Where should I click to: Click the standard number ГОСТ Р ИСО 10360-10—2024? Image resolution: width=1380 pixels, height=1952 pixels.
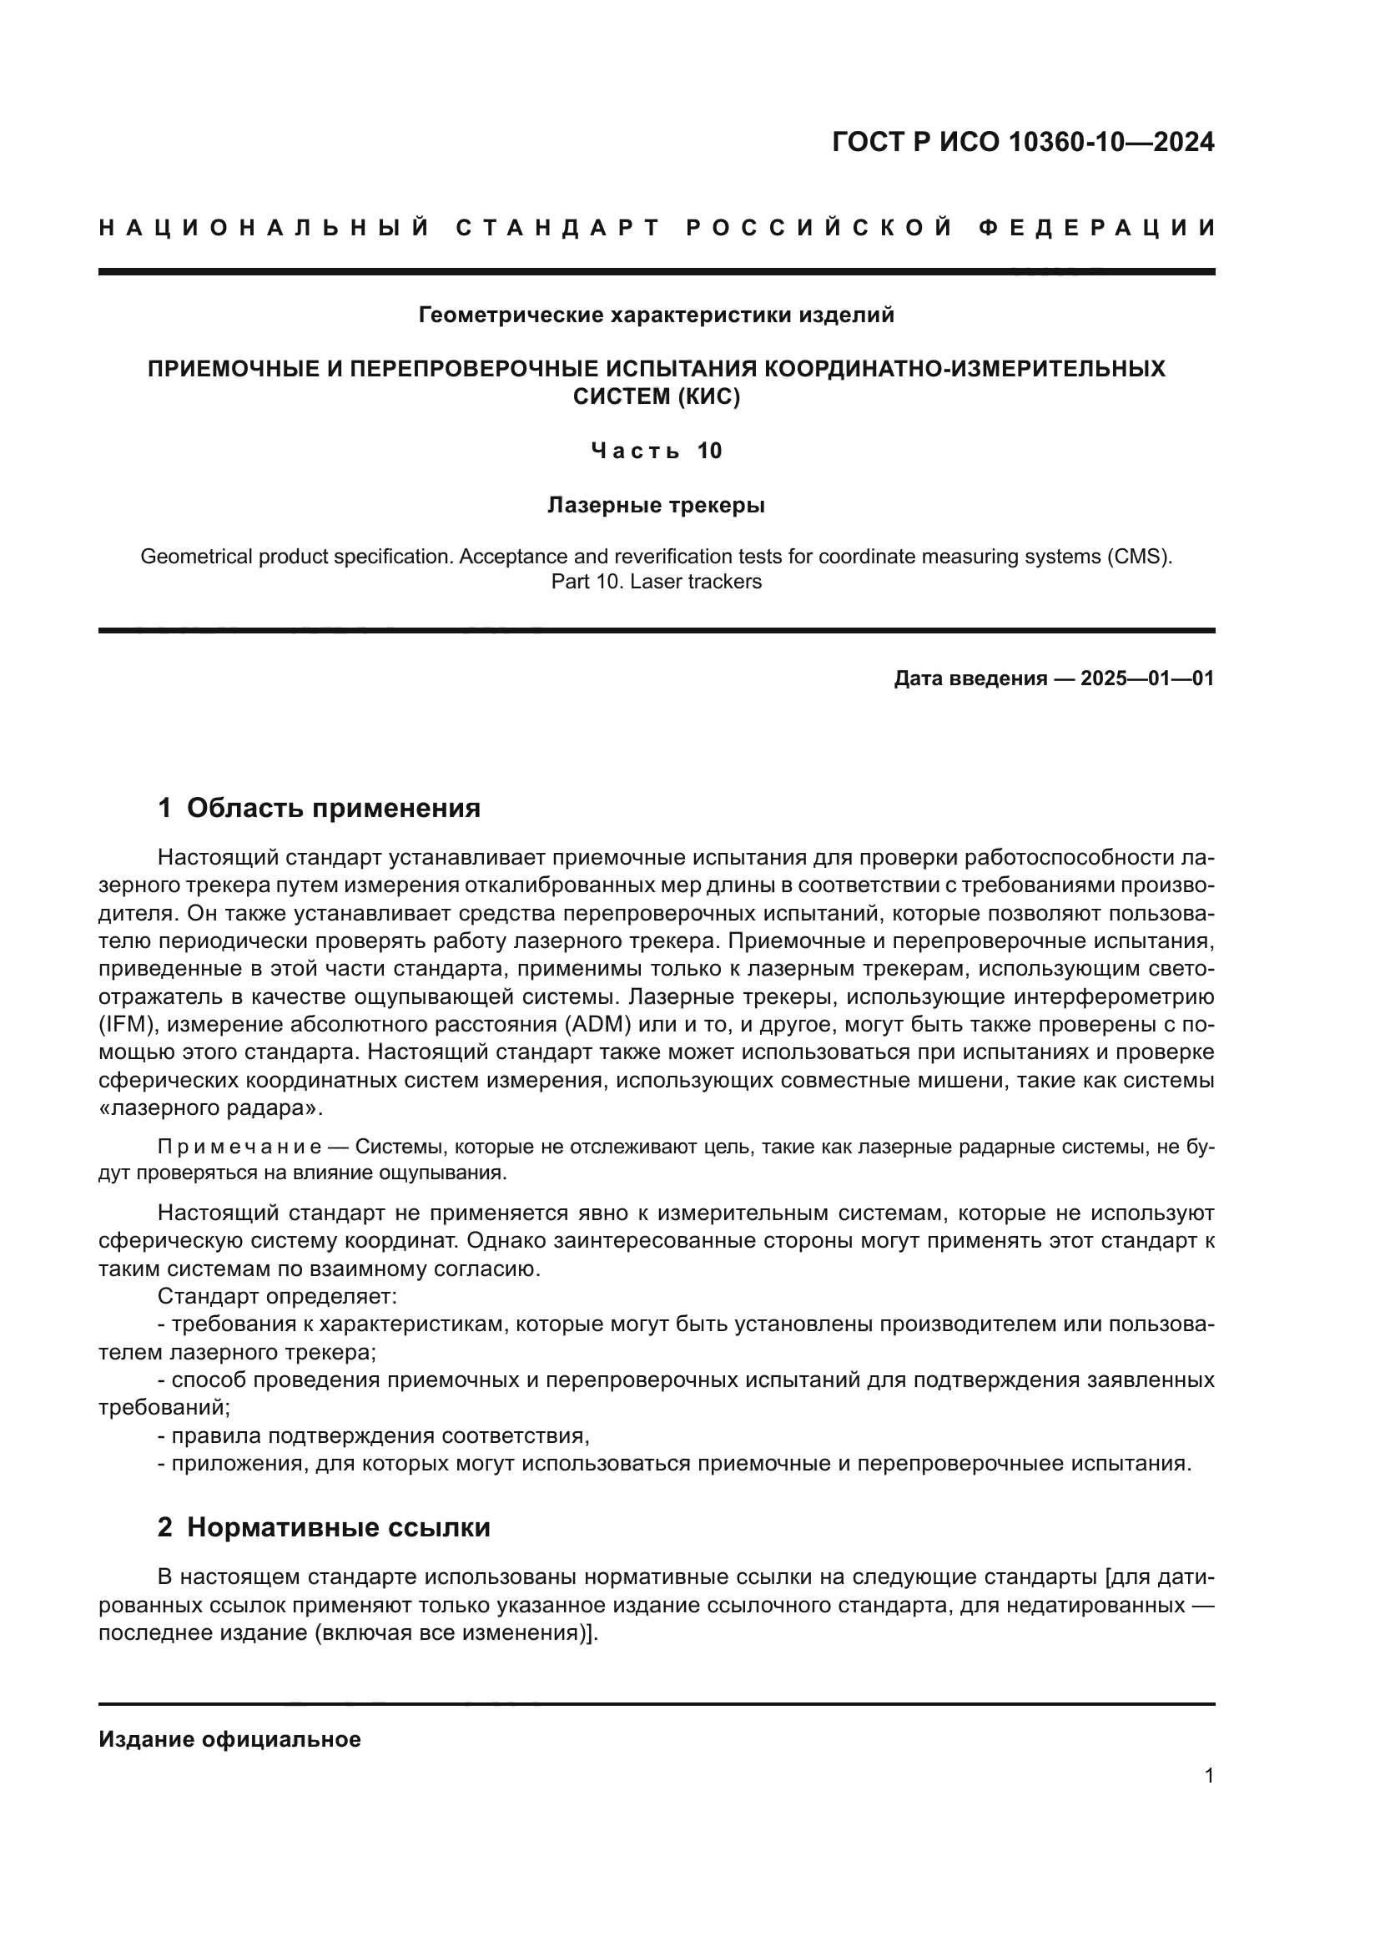click(1022, 142)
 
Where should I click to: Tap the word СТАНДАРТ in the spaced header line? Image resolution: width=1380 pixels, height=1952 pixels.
click(558, 228)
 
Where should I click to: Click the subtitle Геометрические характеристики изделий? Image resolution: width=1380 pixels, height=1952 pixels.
click(656, 315)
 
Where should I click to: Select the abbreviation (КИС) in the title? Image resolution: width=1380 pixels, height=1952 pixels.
click(708, 397)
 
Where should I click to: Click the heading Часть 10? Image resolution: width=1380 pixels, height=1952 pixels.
click(656, 451)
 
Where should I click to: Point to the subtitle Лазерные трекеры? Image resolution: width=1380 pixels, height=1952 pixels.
click(656, 505)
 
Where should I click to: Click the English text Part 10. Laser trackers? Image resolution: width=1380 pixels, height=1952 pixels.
click(656, 582)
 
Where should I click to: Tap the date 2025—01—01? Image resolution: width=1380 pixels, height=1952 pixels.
click(1147, 678)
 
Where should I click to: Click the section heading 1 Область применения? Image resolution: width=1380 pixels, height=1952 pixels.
click(319, 808)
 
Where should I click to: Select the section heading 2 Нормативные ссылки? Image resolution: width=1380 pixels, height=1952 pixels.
click(324, 1528)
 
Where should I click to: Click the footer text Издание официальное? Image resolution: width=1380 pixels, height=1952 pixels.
click(229, 1739)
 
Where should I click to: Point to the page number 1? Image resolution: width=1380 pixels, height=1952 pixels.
click(1208, 1776)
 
